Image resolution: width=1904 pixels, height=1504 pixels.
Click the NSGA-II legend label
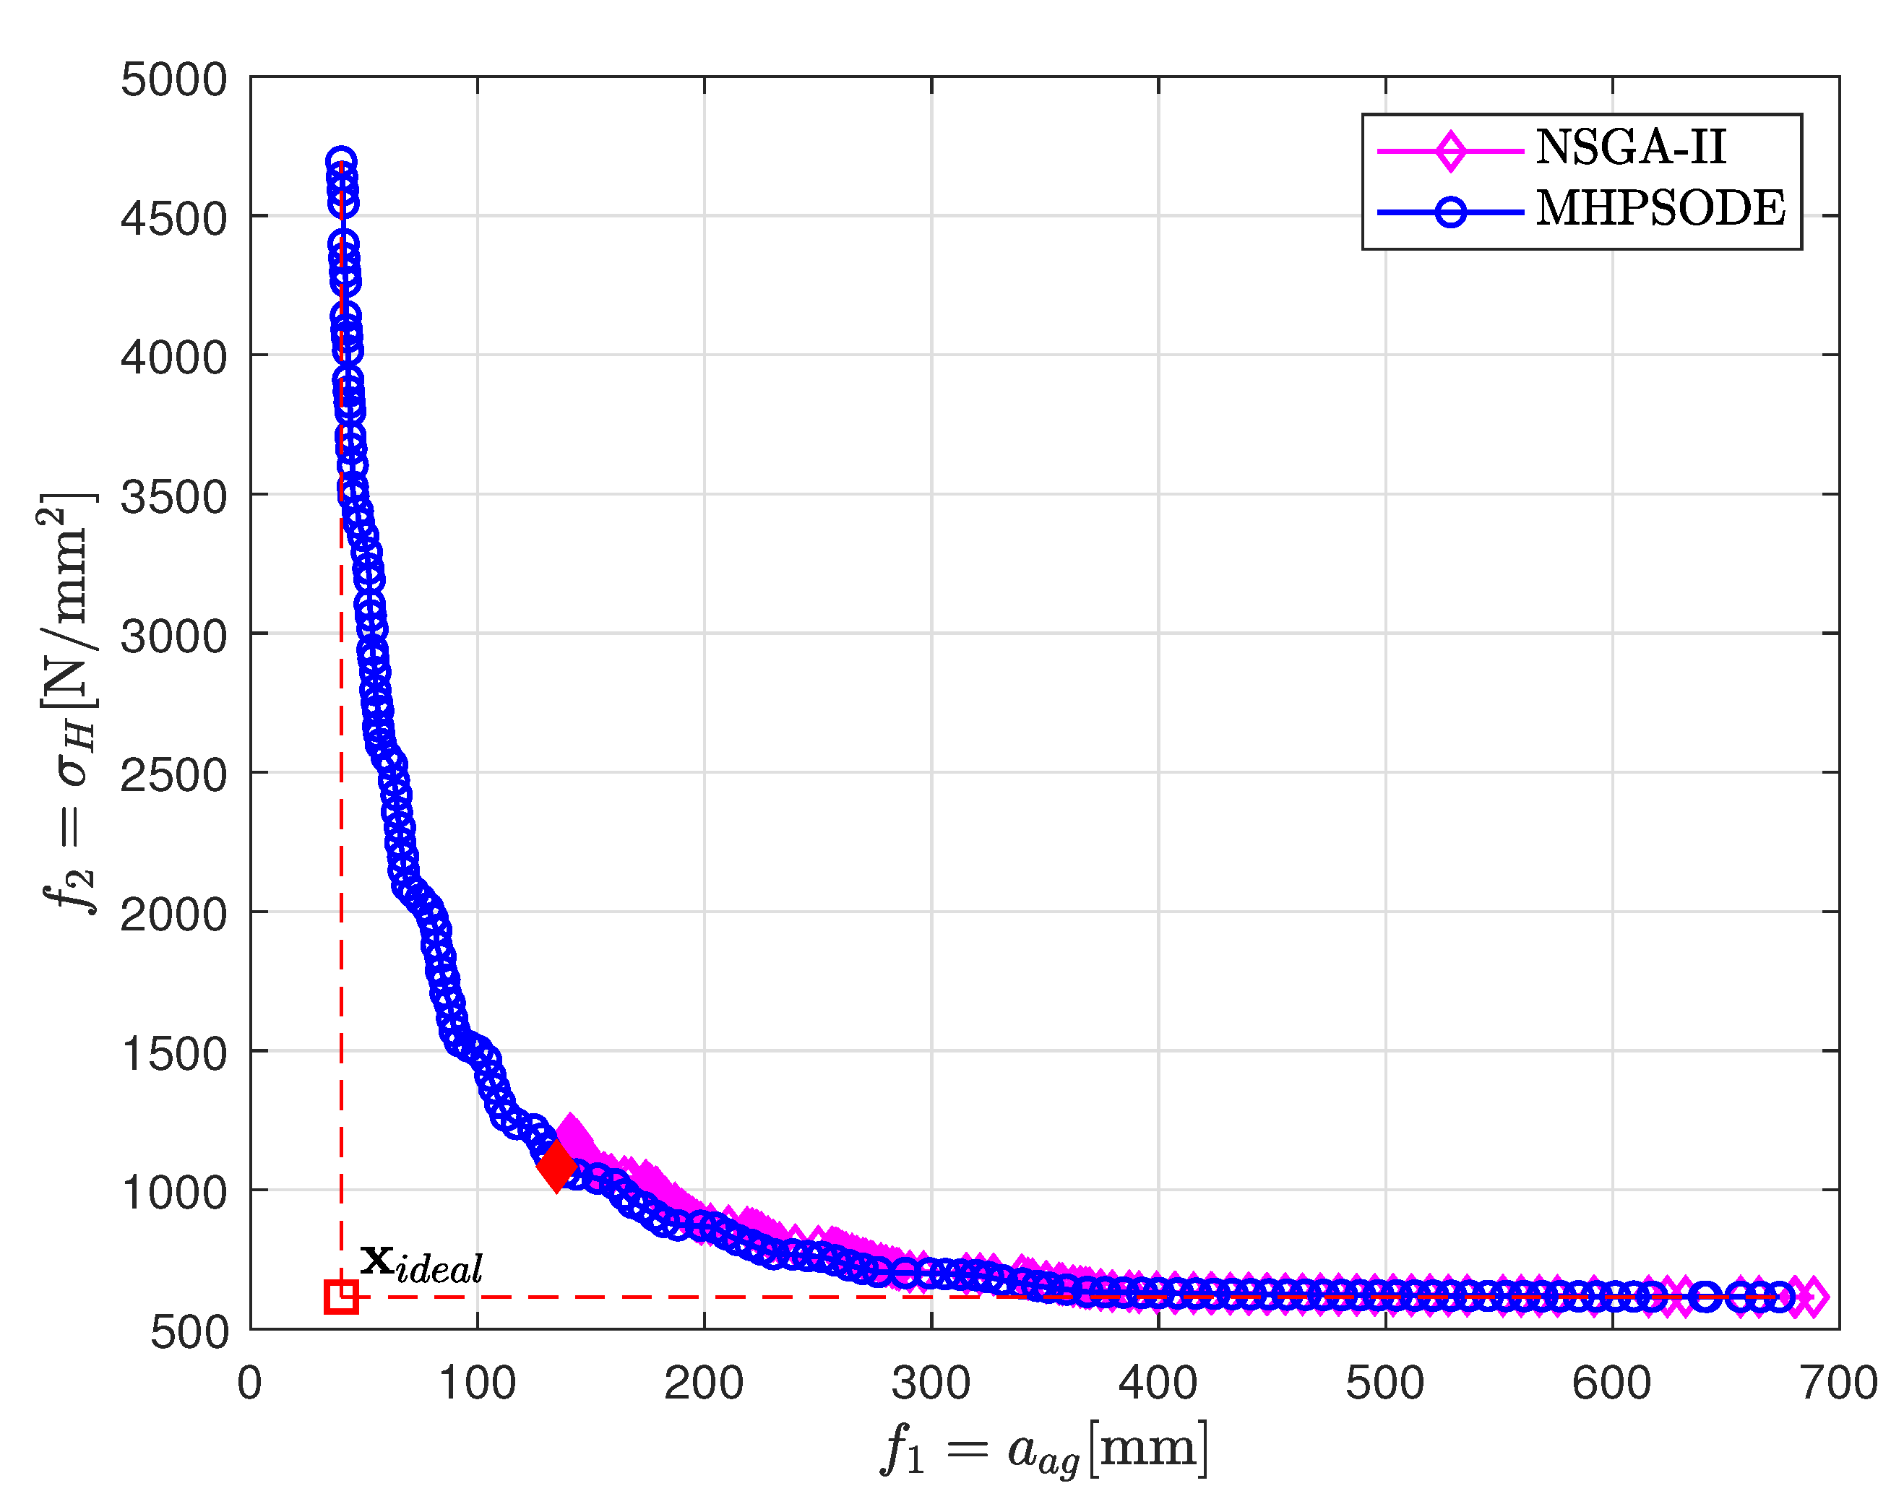tap(1630, 147)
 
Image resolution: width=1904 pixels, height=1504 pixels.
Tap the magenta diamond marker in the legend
tap(1449, 150)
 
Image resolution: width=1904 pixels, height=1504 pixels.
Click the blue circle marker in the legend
tap(1449, 212)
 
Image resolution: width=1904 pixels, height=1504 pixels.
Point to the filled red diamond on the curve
tap(556, 1167)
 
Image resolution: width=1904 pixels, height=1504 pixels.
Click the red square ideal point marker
tap(341, 1296)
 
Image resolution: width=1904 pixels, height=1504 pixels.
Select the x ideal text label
tap(421, 1263)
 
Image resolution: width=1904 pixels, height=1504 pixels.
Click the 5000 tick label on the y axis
tap(173, 80)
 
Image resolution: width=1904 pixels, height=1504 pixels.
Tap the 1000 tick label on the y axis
tap(173, 1193)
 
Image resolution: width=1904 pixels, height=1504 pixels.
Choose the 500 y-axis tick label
tap(189, 1332)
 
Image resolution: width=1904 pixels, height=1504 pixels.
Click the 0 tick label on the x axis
tap(250, 1383)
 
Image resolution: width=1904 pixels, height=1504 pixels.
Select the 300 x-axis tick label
tap(931, 1383)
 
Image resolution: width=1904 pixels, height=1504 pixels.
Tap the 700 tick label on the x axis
tap(1839, 1383)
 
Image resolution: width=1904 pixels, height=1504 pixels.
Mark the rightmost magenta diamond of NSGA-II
tap(1812, 1296)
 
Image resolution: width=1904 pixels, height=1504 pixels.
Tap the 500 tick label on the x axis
tap(1384, 1383)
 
